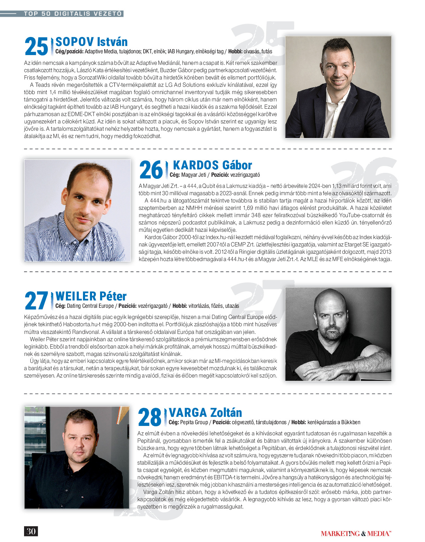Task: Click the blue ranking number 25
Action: pos(36,47)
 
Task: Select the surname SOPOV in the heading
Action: pos(75,42)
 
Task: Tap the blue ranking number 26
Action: pos(151,170)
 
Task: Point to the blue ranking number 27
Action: pos(36,301)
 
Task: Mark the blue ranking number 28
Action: pos(150,417)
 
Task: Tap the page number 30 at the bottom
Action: pos(31,531)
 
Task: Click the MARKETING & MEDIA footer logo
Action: pos(356,534)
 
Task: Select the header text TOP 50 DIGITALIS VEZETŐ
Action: pos(73,14)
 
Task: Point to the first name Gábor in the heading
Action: pos(237,165)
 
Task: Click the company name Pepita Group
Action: pos(194,422)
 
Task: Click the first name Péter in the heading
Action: pos(113,296)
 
